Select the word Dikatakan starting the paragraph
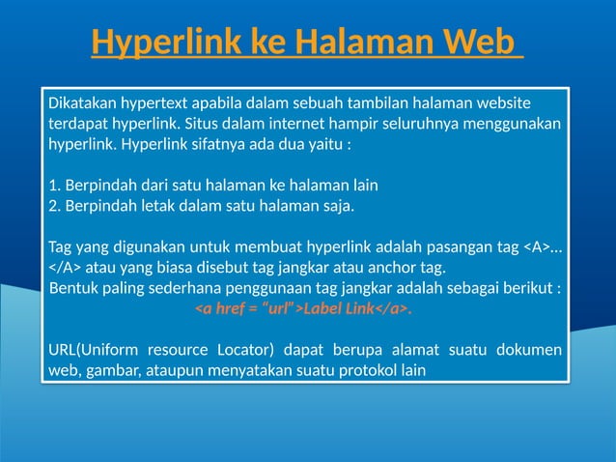tap(82, 103)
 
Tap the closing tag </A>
tap(66, 267)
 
